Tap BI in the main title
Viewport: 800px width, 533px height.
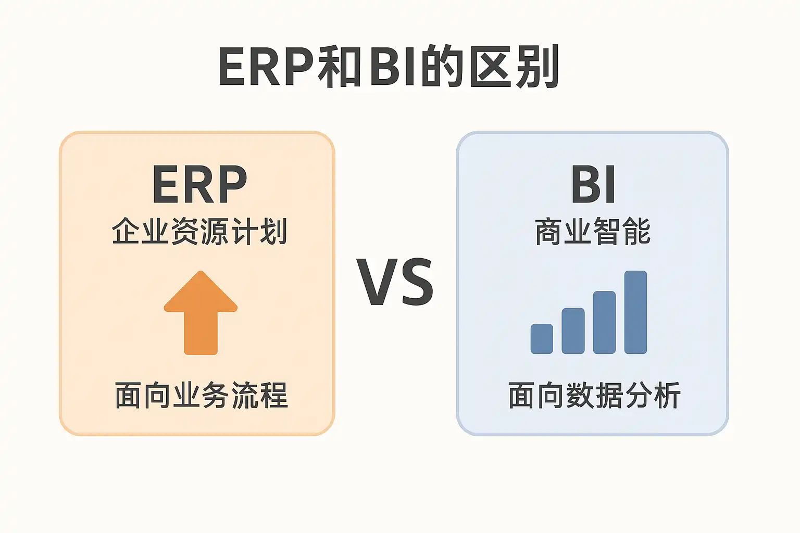pyautogui.click(x=392, y=66)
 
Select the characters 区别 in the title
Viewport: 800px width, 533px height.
pyautogui.click(x=514, y=66)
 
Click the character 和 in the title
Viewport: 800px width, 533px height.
pyautogui.click(x=339, y=67)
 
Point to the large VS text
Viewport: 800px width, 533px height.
pyautogui.click(x=395, y=283)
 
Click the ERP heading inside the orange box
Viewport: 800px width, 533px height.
pyautogui.click(x=199, y=184)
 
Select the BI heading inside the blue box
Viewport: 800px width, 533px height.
pyautogui.click(x=593, y=184)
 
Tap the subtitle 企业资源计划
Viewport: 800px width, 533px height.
pyautogui.click(x=199, y=231)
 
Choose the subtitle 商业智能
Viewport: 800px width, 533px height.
pyautogui.click(x=593, y=231)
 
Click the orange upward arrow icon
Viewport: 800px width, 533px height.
pyautogui.click(x=201, y=313)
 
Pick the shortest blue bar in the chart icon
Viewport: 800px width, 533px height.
pyautogui.click(x=542, y=339)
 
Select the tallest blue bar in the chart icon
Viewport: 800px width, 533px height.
pyautogui.click(x=636, y=312)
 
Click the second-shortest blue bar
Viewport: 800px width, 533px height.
pyautogui.click(x=573, y=331)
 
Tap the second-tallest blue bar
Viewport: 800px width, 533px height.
pyautogui.click(x=604, y=322)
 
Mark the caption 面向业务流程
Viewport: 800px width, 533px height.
pyautogui.click(x=201, y=395)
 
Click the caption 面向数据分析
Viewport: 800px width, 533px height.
pyautogui.click(x=594, y=395)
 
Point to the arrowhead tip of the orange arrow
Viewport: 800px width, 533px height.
pyautogui.click(x=201, y=271)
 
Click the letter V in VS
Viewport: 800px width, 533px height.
pyautogui.click(x=377, y=283)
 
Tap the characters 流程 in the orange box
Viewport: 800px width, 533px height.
pyautogui.click(x=260, y=395)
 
